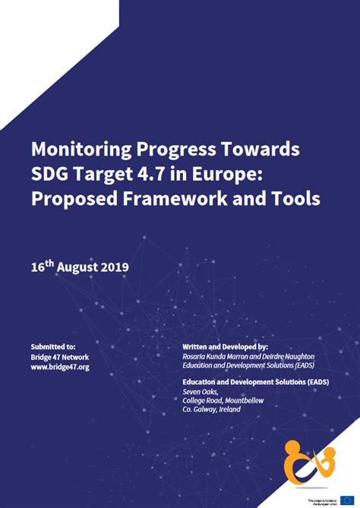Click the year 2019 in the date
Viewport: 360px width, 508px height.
pyautogui.click(x=113, y=267)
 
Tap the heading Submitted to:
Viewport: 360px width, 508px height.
pyautogui.click(x=53, y=346)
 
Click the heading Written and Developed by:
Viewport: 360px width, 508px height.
pyautogui.click(x=226, y=346)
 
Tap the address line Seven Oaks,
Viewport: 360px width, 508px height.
pyautogui.click(x=199, y=392)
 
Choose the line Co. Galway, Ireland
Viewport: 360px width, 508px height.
pyautogui.click(x=211, y=409)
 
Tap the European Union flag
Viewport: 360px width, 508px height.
pyautogui.click(x=347, y=500)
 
